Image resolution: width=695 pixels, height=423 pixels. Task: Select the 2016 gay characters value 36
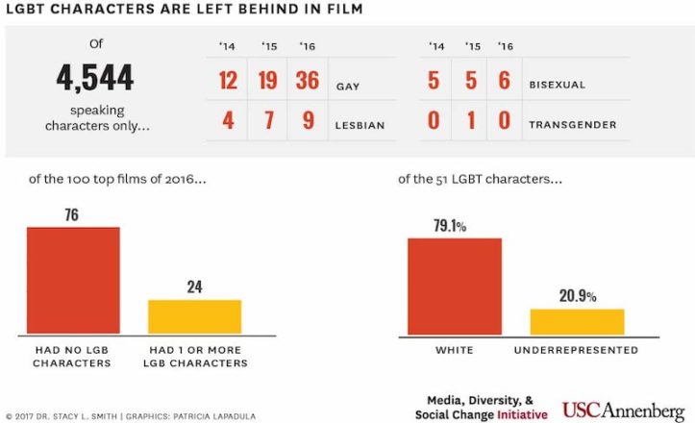click(x=307, y=81)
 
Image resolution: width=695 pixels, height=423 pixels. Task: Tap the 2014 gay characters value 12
click(x=227, y=81)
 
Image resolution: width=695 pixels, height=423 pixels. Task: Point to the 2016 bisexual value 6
click(x=505, y=82)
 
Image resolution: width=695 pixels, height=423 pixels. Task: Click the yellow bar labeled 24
click(x=193, y=316)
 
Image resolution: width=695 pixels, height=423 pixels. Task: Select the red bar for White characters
click(x=455, y=286)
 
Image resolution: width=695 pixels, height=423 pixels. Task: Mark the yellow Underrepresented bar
click(x=577, y=322)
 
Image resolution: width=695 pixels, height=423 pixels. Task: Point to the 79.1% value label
click(x=449, y=227)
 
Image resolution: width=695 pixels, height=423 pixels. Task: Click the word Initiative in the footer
click(x=519, y=415)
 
